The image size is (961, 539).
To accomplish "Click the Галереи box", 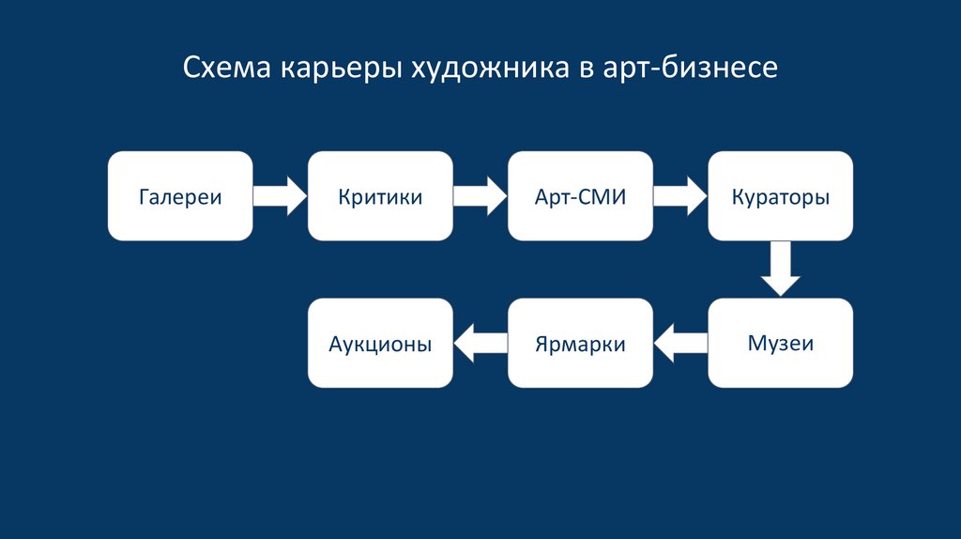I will click(180, 195).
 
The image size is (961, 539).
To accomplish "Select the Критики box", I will click(380, 195).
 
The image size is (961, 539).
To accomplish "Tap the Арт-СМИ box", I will click(580, 195).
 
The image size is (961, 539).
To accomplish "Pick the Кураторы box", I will click(780, 195).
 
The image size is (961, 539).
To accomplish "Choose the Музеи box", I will click(780, 343).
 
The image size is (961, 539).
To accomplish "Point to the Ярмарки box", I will click(580, 343).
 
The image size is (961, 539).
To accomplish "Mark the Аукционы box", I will click(380, 343).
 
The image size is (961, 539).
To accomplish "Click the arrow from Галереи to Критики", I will click(281, 195).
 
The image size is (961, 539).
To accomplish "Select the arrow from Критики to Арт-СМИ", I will click(480, 195).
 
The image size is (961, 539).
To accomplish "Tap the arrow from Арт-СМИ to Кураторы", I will click(680, 195).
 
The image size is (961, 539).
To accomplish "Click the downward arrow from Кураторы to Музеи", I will click(780, 269).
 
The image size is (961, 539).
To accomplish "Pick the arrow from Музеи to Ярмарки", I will click(680, 343).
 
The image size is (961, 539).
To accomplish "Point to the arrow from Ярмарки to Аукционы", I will click(480, 343).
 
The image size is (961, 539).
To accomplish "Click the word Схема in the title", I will click(224, 68).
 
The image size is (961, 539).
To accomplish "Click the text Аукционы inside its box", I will click(380, 344).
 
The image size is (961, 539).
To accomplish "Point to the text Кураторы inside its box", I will click(780, 198).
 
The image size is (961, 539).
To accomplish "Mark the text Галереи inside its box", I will click(180, 198).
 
